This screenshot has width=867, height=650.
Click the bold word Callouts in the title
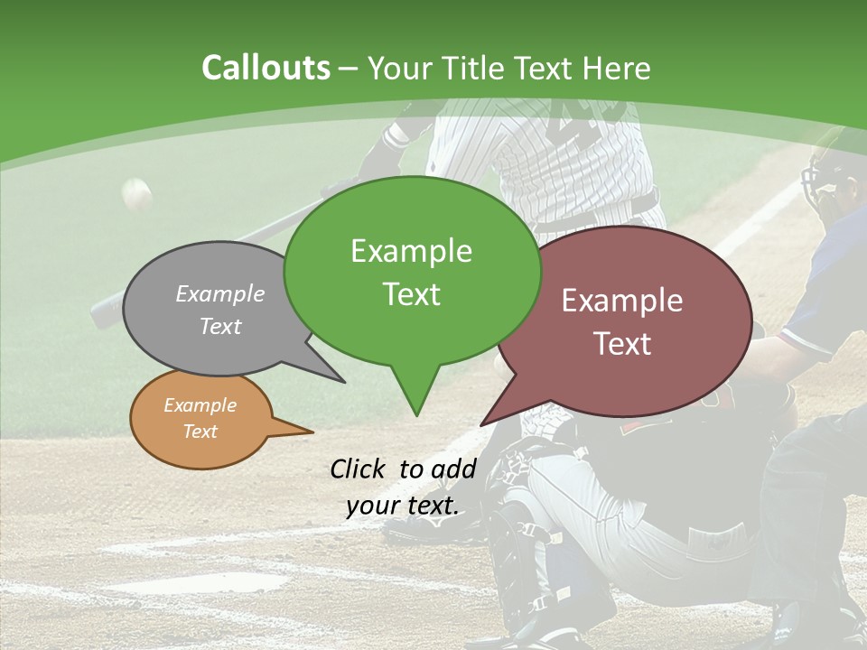click(x=266, y=68)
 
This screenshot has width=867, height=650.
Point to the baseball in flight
click(x=137, y=193)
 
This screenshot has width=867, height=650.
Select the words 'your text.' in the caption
click(x=403, y=506)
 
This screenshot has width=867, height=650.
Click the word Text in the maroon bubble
click(x=622, y=343)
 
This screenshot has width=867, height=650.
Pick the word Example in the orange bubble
click(x=200, y=405)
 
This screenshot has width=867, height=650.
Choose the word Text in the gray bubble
click(x=220, y=326)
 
